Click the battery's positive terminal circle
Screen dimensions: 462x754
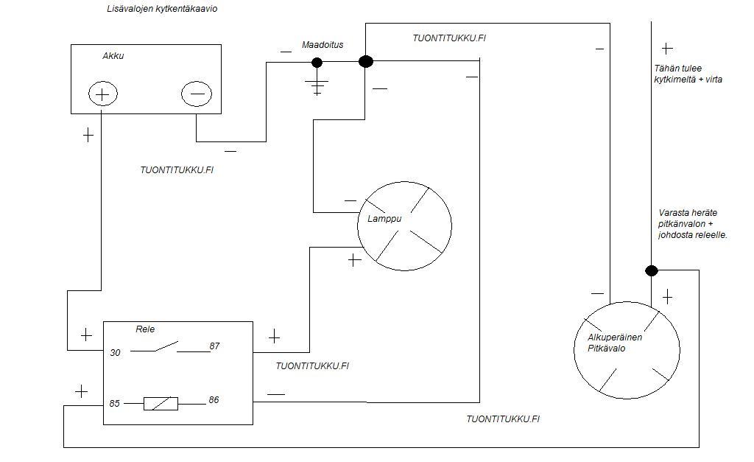pos(102,94)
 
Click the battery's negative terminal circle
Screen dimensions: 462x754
pos(197,94)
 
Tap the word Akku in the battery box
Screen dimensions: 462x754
pos(113,56)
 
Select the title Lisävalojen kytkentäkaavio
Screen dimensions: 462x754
pos(162,10)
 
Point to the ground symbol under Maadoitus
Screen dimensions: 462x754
pos(317,85)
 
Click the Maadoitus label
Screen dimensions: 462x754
pos(323,45)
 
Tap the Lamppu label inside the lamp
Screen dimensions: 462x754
pos(384,219)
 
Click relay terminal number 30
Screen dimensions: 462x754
pos(115,353)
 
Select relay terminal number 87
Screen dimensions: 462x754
pos(214,346)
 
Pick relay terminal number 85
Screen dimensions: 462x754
pos(115,404)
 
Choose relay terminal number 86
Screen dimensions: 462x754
pos(214,400)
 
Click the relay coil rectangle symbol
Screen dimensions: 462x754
pos(161,404)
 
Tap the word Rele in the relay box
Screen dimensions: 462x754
pos(145,329)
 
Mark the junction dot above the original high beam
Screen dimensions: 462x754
pos(652,270)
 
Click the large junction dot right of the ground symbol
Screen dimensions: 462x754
pos(365,62)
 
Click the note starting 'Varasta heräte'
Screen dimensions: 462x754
pos(693,223)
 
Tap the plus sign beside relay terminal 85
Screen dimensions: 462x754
pos(81,391)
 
